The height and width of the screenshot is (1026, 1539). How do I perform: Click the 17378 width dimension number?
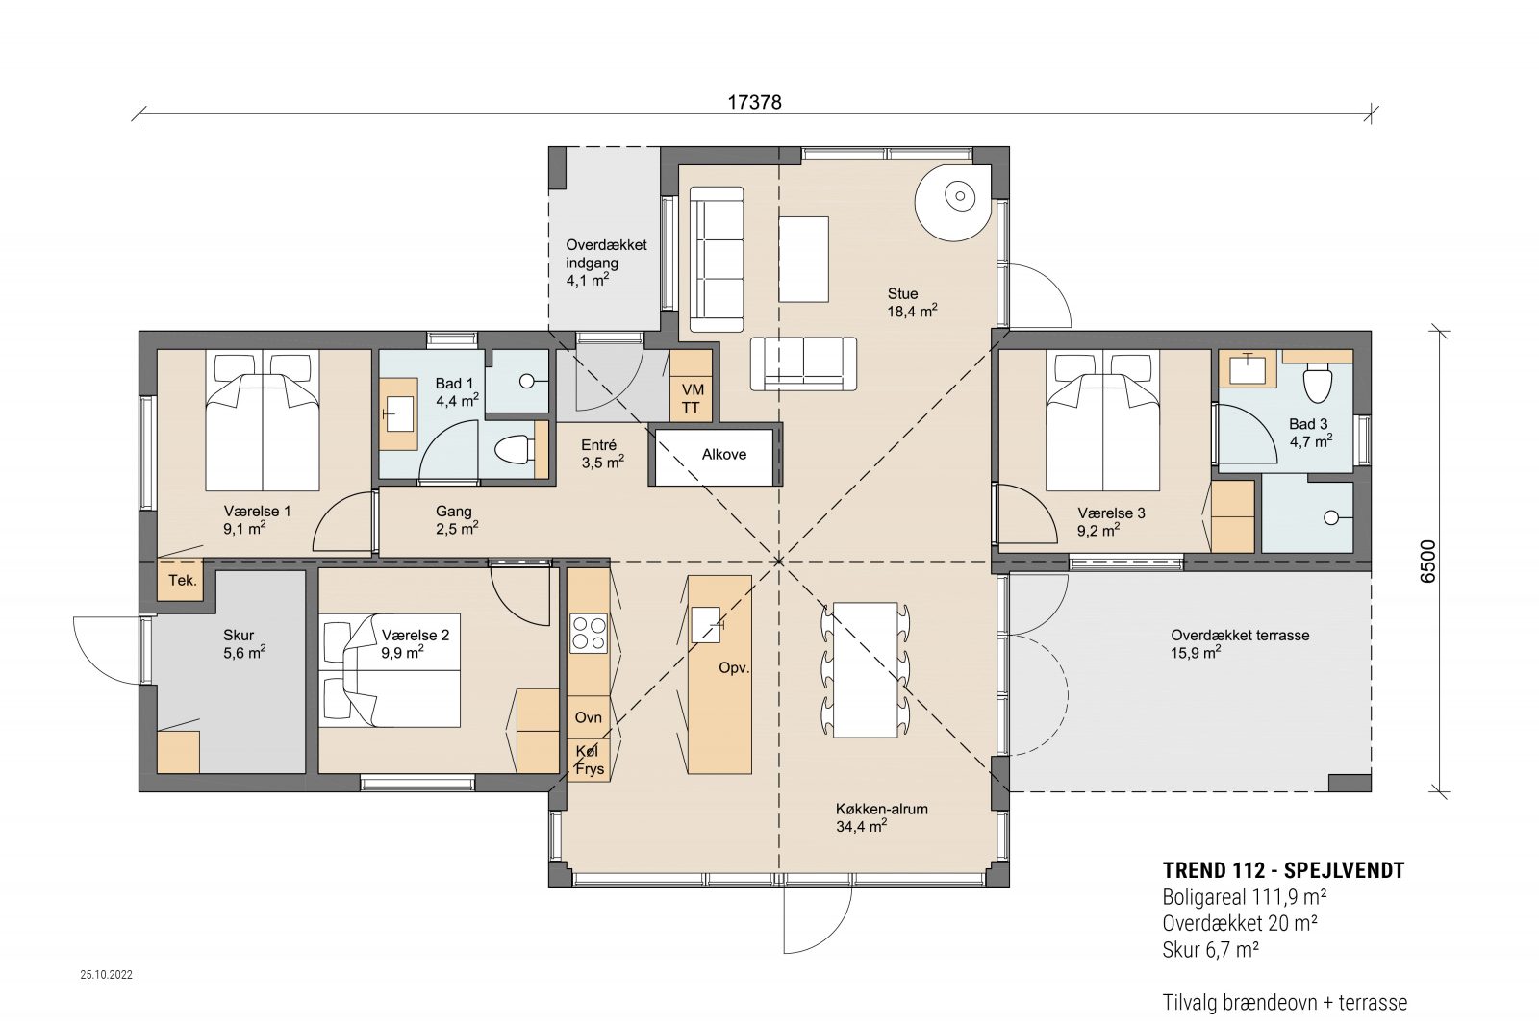(x=754, y=102)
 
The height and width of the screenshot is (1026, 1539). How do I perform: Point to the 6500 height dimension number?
(x=1427, y=562)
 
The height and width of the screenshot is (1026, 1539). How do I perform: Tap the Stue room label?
(x=903, y=294)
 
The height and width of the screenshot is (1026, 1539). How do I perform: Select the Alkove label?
(x=723, y=455)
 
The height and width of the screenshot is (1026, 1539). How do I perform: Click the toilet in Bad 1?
(x=514, y=451)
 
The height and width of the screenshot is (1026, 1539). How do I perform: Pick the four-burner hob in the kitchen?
(x=589, y=633)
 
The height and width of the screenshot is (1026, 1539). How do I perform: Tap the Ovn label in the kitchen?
(x=588, y=717)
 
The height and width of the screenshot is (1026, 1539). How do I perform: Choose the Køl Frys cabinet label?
(x=590, y=761)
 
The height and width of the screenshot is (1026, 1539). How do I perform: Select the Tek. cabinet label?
(x=183, y=580)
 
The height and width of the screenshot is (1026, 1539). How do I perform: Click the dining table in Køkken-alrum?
(x=866, y=670)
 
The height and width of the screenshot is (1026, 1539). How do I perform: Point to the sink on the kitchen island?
(x=706, y=625)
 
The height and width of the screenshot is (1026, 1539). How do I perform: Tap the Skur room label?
(x=239, y=636)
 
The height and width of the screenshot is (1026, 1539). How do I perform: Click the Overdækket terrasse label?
(x=1240, y=636)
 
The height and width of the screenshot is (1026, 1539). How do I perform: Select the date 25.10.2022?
(x=107, y=974)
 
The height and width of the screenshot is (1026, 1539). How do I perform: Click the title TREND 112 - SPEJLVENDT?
(x=1283, y=871)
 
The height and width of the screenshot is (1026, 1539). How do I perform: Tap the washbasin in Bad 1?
(x=398, y=414)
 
